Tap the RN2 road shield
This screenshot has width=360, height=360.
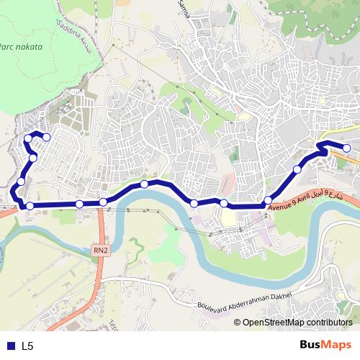point(101,250)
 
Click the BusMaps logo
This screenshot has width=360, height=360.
point(325,345)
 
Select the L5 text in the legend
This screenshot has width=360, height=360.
point(27,346)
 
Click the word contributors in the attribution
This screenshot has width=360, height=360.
point(330,323)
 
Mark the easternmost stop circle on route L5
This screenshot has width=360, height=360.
point(347,148)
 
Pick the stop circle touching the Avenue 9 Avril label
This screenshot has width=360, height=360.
point(268,200)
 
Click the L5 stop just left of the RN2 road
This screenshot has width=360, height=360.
point(79,204)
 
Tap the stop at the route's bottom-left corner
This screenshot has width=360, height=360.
point(30,207)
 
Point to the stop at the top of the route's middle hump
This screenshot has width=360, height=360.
point(145,184)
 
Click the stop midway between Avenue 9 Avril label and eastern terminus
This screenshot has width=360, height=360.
point(297,170)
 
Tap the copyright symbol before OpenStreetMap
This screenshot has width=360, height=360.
point(238,323)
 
